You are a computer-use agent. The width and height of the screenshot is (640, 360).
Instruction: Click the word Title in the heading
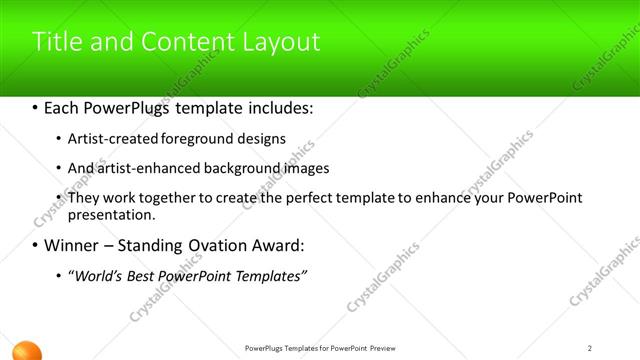pyautogui.click(x=56, y=42)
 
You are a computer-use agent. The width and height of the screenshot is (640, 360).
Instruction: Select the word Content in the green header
pyautogui.click(x=184, y=42)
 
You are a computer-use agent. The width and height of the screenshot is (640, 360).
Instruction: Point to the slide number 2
pyautogui.click(x=590, y=348)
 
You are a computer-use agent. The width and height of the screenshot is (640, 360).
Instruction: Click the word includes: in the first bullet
pyautogui.click(x=276, y=106)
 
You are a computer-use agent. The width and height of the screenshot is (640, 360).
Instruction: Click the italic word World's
pyautogui.click(x=94, y=275)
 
